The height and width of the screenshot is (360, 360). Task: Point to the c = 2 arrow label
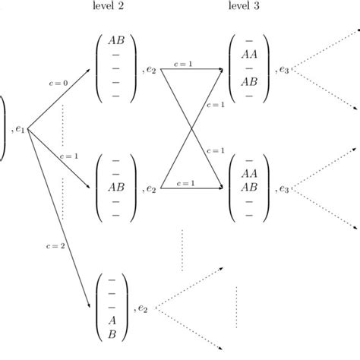click(x=55, y=245)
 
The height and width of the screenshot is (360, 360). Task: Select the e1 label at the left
click(x=20, y=130)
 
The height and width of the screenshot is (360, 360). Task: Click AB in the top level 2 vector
click(x=116, y=40)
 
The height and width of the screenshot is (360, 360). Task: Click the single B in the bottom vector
click(x=112, y=333)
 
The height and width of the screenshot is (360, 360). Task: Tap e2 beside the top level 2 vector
click(x=149, y=70)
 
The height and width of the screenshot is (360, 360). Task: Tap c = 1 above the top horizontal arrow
click(x=182, y=64)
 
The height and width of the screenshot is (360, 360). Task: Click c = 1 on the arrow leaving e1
click(x=68, y=156)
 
